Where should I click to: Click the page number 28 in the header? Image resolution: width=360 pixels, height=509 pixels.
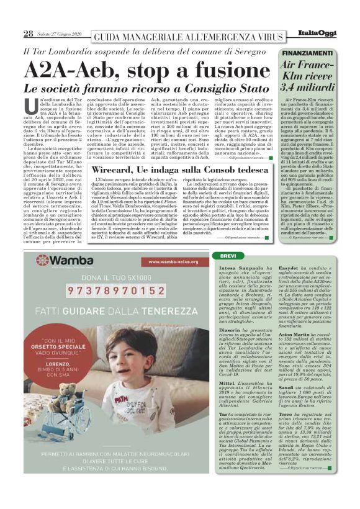pos(29,33)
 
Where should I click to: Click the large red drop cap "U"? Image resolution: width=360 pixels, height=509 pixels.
pos(32,106)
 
